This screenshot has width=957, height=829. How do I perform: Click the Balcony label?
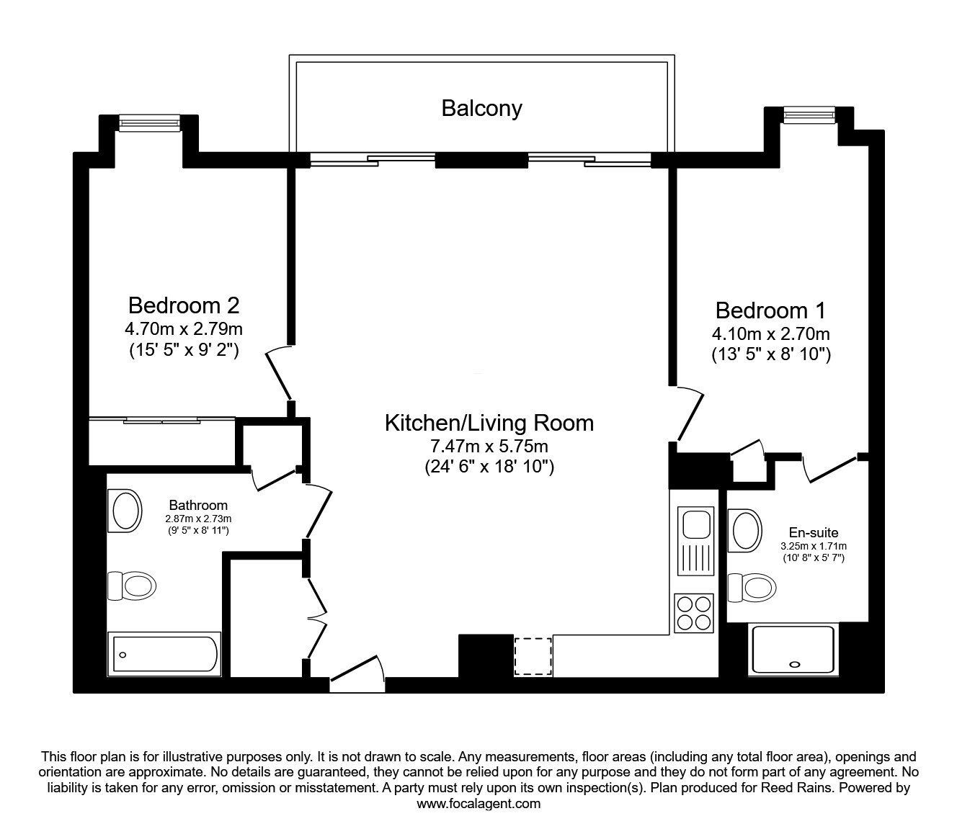481,109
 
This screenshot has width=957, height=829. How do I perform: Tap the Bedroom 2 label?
184,305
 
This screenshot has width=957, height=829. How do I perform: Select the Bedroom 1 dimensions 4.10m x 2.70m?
771,333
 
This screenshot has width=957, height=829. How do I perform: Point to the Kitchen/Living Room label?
489,423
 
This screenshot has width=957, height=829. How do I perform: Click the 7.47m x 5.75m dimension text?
489,447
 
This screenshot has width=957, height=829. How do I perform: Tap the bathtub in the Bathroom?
165,654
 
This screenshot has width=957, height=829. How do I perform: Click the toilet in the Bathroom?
132,586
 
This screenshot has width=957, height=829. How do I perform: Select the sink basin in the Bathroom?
125,511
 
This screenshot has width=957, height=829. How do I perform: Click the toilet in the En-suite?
752,588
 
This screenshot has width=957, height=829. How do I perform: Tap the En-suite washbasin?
744,531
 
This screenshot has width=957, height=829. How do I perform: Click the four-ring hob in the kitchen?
693,613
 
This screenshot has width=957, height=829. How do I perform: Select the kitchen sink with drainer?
695,541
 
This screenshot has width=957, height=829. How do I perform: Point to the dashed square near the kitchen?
533,657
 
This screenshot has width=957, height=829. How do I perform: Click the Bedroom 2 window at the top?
149,122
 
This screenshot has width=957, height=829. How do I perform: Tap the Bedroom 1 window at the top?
809,115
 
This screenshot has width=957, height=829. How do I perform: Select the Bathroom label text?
198,505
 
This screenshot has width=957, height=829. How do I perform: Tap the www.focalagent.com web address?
478,804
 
